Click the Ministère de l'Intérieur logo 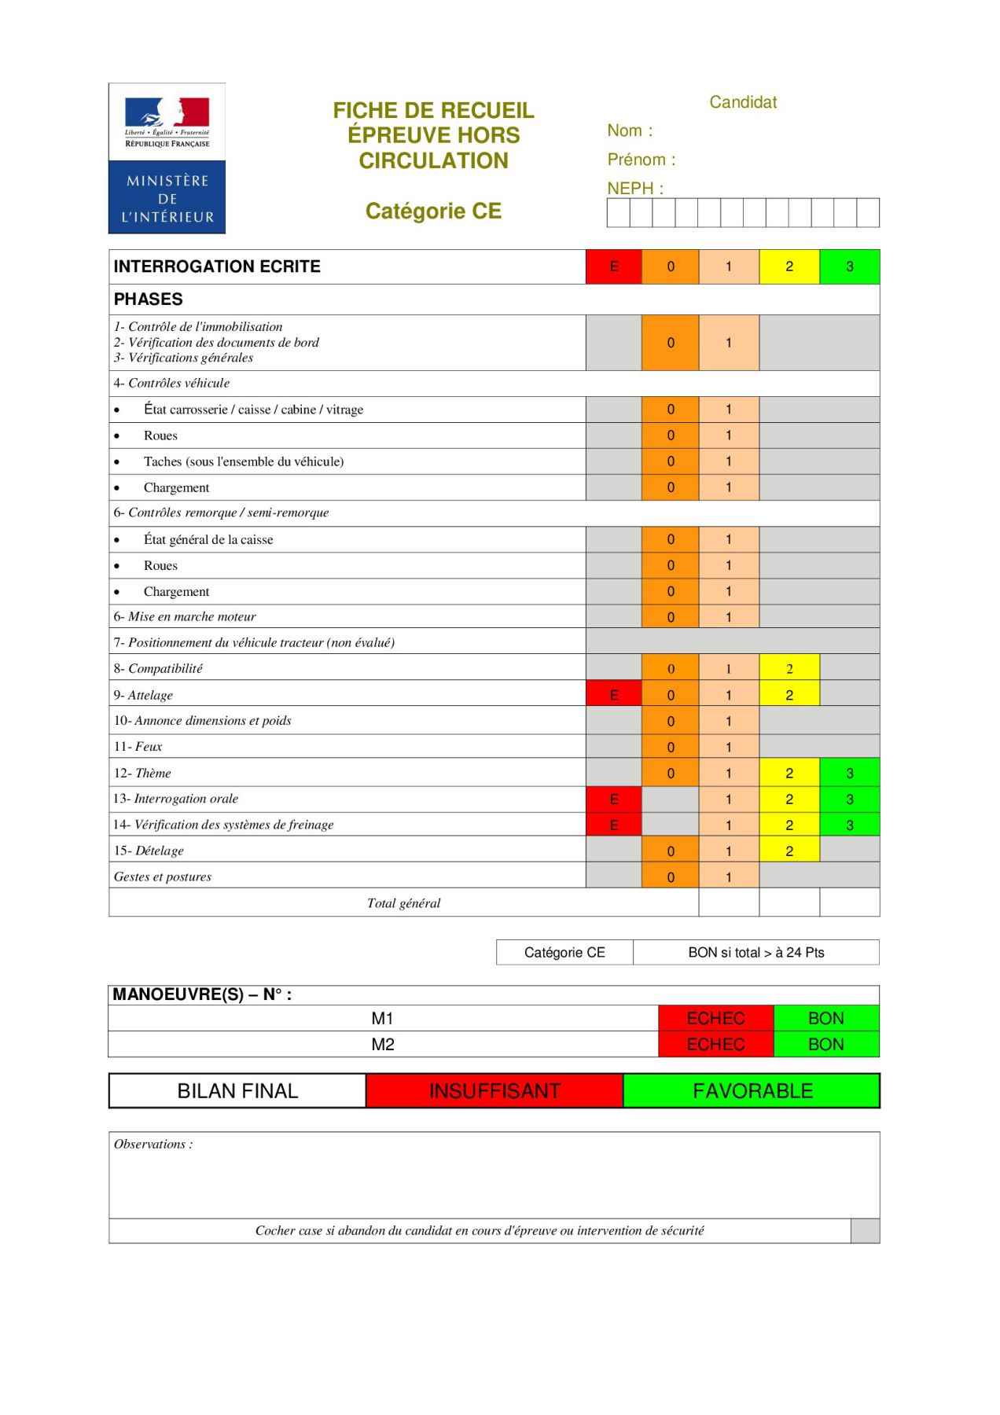coord(167,158)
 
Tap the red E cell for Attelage coord(613,694)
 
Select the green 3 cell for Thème coord(849,773)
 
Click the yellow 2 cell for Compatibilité coord(789,668)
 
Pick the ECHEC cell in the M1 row coord(715,1018)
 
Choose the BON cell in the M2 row coord(825,1044)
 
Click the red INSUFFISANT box coord(494,1090)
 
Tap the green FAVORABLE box coord(752,1090)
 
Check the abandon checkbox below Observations coord(865,1230)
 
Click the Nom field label coord(630,130)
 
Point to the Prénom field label coord(641,160)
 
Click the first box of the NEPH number coord(618,212)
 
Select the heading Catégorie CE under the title coord(433,211)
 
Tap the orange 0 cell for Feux coord(670,746)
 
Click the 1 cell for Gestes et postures coord(728,877)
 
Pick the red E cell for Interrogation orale coord(613,799)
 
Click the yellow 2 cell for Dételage coord(789,851)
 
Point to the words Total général coord(403,902)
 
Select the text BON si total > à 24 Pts coord(756,952)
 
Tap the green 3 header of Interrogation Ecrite coord(849,266)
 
